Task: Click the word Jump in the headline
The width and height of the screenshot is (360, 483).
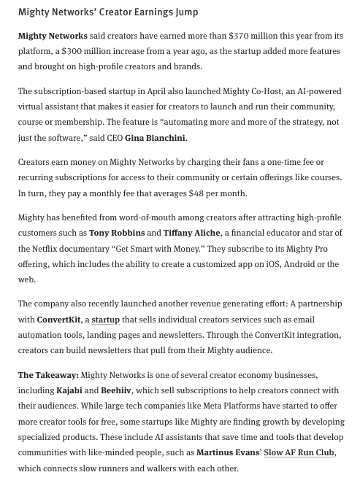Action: (x=185, y=12)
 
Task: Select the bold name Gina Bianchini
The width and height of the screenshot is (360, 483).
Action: (x=155, y=138)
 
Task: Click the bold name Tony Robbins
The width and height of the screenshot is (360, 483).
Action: (x=116, y=233)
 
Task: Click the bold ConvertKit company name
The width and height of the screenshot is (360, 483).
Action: (x=58, y=320)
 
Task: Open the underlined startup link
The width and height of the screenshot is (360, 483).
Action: (x=105, y=320)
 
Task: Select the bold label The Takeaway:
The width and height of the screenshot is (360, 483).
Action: (x=48, y=375)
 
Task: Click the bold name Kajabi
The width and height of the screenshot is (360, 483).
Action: (x=69, y=390)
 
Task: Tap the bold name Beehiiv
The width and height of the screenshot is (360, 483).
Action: (x=116, y=390)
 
